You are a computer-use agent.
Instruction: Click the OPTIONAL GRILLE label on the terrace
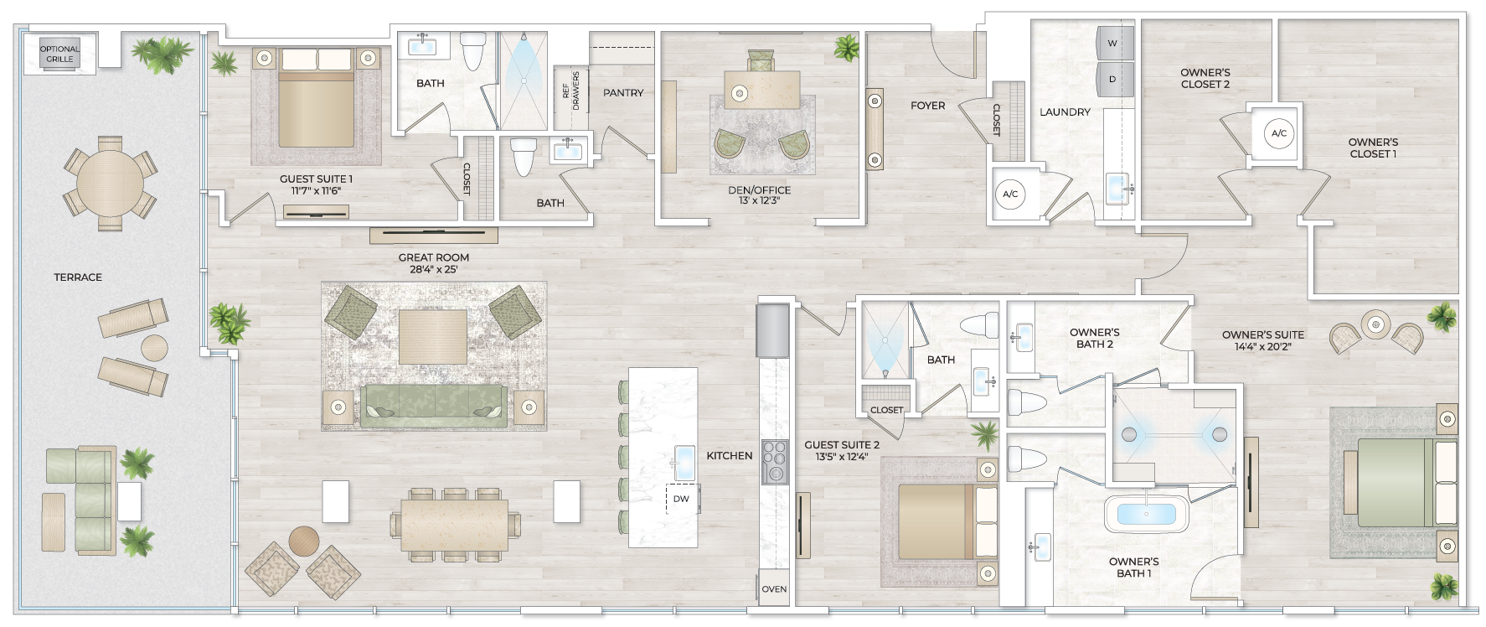click(59, 54)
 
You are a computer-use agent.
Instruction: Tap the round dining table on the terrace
click(110, 183)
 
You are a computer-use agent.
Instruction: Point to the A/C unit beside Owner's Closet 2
click(1278, 133)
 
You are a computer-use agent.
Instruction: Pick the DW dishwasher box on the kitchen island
click(682, 499)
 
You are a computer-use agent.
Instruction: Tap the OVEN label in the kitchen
click(774, 589)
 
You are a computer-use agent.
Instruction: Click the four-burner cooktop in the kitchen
click(775, 462)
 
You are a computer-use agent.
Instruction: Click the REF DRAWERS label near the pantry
click(570, 91)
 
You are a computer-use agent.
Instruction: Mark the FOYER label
click(927, 106)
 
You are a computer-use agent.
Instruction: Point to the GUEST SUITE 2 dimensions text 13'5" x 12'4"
click(841, 457)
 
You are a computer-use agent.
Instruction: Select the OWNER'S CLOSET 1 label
click(1373, 148)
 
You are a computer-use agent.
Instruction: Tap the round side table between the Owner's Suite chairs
click(1375, 324)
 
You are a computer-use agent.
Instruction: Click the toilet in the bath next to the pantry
click(524, 156)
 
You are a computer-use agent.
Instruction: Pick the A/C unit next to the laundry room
click(1010, 194)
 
